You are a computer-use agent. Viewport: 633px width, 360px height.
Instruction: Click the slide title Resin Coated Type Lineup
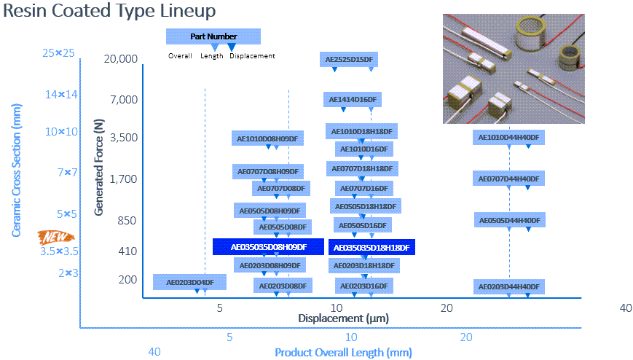[109, 12]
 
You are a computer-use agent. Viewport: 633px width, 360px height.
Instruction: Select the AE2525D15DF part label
[353, 60]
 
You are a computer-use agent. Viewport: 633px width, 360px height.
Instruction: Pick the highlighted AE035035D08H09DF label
[269, 247]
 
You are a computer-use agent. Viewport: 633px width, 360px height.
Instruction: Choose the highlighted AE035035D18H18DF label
[371, 248]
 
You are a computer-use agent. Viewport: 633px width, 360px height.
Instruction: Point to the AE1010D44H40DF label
[509, 137]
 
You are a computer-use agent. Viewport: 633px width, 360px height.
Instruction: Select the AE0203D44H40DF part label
[509, 287]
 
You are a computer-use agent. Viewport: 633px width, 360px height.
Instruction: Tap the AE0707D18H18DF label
[362, 168]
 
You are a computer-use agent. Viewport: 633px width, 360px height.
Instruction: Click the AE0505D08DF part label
[283, 227]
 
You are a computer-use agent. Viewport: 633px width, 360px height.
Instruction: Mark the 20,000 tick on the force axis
[121, 59]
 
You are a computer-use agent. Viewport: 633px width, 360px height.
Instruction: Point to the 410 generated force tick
[127, 251]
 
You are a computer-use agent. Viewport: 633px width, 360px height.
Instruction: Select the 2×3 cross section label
[68, 273]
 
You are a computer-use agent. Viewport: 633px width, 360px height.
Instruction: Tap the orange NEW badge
[56, 237]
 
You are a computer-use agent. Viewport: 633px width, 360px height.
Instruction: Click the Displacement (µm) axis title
[342, 318]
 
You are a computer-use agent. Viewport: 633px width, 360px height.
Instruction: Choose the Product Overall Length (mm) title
[343, 353]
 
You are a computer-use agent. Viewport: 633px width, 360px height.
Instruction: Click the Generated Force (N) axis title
[99, 167]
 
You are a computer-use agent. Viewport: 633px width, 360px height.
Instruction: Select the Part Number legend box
[213, 36]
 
